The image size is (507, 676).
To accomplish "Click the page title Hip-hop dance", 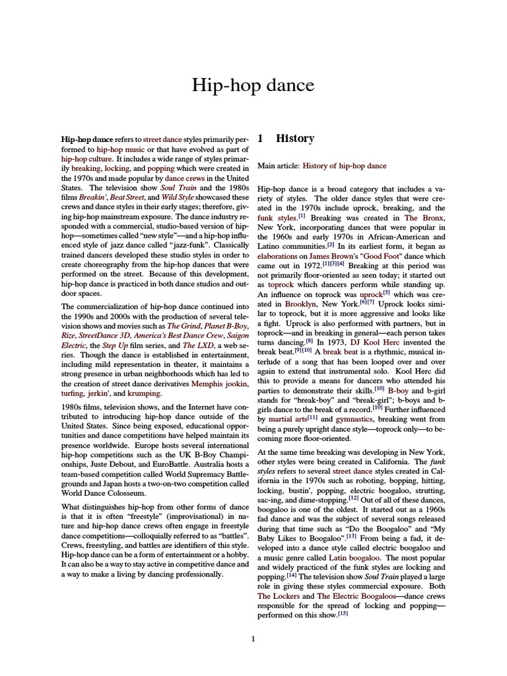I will click(253, 85).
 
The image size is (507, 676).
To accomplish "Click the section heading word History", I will click(294, 139).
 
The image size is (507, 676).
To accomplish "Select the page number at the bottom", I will click(253, 638).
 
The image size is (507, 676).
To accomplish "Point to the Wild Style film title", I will click(178, 197).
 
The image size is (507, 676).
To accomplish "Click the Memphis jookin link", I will click(216, 383).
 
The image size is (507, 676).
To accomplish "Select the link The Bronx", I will click(420, 217).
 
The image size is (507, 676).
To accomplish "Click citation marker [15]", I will click(343, 614).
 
